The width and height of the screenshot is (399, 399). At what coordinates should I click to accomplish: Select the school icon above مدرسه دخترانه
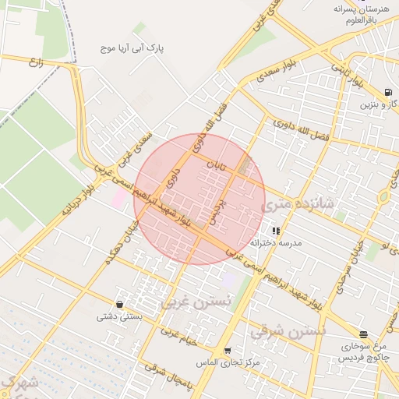point(276,231)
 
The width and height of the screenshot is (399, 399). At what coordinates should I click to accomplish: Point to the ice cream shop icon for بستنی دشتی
point(119,304)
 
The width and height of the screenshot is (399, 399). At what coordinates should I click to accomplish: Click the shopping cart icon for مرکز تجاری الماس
point(227,351)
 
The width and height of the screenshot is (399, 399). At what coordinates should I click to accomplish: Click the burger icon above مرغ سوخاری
point(364,334)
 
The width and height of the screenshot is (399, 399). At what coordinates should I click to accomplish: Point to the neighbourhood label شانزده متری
point(298,204)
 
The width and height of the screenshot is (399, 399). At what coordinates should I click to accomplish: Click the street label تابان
point(214,165)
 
